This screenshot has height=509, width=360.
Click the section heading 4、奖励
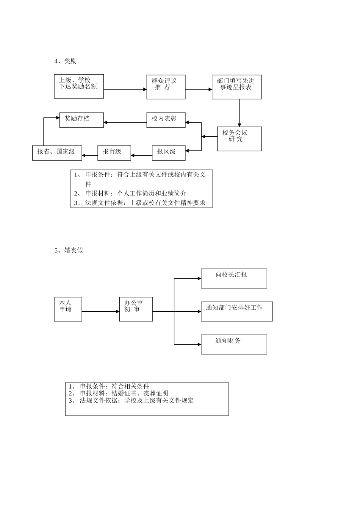(x=66, y=61)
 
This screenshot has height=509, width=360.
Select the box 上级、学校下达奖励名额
(x=79, y=86)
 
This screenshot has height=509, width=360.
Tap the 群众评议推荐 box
(x=166, y=87)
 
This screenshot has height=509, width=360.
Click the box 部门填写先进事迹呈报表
(x=236, y=87)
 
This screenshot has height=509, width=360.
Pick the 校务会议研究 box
(x=239, y=139)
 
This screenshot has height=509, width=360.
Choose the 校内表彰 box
(x=166, y=120)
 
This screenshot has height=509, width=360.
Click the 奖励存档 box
(x=81, y=120)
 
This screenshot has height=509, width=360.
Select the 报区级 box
(x=169, y=153)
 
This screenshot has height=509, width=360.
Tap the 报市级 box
(x=114, y=153)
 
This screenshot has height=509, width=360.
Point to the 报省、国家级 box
(x=57, y=153)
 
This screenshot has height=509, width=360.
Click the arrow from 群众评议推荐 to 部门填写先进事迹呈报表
(x=199, y=89)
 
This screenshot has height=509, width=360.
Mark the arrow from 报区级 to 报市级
(x=141, y=155)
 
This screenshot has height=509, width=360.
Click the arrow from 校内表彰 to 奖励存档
(x=125, y=122)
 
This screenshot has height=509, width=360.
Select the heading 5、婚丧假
(x=69, y=250)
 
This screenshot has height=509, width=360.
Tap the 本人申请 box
(x=68, y=309)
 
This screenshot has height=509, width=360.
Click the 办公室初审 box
(x=136, y=309)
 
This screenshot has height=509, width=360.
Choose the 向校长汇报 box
(x=234, y=278)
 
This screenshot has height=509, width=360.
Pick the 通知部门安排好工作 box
(x=236, y=311)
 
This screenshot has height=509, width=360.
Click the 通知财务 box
(x=234, y=344)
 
